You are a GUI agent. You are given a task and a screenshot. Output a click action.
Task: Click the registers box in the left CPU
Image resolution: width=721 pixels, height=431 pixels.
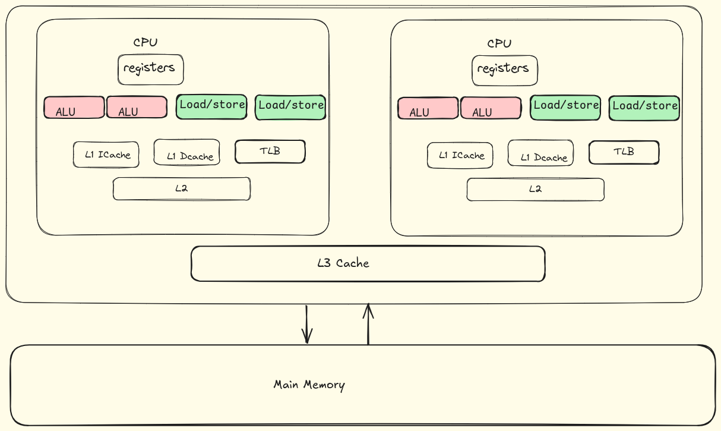[150, 70]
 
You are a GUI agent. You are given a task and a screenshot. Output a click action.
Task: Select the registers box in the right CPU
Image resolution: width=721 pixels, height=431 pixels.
[504, 70]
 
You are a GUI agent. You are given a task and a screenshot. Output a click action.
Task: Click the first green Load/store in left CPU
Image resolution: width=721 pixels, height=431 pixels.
[211, 106]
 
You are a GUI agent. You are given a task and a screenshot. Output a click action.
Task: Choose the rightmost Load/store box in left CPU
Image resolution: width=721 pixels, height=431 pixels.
[290, 107]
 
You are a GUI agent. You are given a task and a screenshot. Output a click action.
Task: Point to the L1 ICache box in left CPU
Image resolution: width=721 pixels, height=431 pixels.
[106, 155]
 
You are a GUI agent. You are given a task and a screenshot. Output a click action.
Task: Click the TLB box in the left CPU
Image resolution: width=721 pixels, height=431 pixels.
[270, 152]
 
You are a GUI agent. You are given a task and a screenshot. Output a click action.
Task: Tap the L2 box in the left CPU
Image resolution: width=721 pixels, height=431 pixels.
[181, 189]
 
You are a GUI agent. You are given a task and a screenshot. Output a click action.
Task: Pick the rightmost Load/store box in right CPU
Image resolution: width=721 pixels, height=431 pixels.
[644, 108]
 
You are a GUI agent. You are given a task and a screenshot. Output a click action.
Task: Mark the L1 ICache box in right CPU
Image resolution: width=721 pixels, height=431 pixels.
[460, 155]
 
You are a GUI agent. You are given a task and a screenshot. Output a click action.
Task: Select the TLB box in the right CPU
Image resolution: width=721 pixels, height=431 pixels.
[624, 152]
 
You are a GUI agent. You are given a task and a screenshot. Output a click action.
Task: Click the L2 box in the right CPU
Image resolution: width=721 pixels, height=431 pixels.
[535, 190]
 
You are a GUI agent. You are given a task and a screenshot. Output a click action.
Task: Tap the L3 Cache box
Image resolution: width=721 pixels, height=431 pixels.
[368, 263]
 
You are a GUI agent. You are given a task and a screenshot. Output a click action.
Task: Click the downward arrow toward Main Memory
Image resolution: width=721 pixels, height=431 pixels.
[306, 325]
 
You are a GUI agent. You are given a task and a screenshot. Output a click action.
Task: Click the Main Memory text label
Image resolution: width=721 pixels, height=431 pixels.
[309, 385]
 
